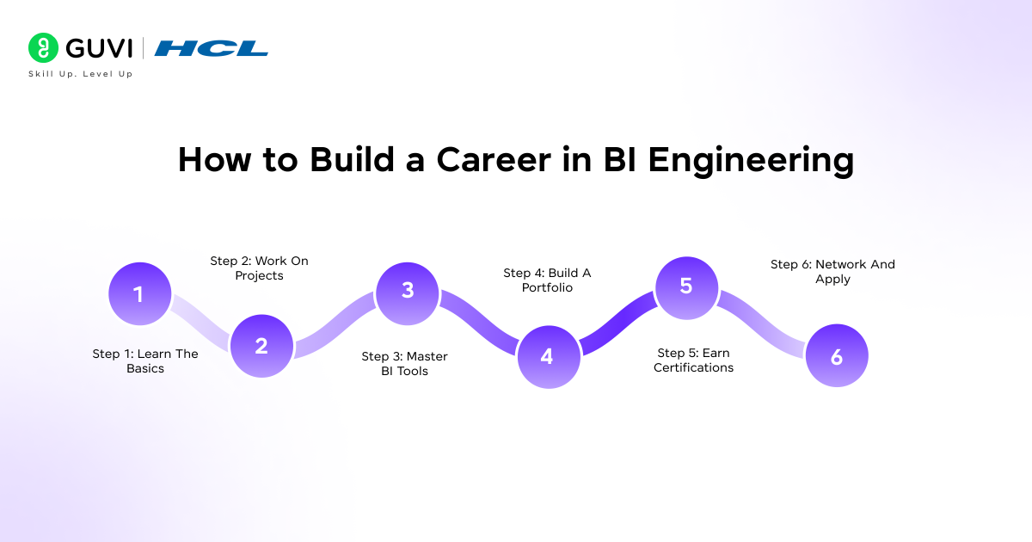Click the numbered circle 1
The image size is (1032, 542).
tap(139, 294)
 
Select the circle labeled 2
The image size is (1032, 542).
tap(261, 346)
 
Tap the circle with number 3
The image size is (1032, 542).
tap(408, 291)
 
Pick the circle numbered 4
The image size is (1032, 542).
tap(547, 356)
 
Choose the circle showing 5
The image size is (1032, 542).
tap(685, 286)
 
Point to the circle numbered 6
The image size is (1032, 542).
tap(836, 356)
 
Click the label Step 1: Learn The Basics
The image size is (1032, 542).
tap(145, 361)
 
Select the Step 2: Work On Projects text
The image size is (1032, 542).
tap(259, 268)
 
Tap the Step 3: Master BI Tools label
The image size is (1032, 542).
tap(404, 364)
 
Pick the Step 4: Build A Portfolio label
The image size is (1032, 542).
tap(547, 280)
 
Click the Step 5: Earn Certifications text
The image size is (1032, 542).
tap(693, 360)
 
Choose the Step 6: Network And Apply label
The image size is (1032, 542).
tap(832, 272)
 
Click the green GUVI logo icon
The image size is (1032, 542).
tap(43, 48)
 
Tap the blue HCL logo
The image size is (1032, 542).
tap(212, 48)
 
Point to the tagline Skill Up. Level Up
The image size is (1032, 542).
tap(80, 74)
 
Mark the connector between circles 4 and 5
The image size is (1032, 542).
tap(616, 321)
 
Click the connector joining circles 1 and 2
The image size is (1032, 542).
tap(200, 320)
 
